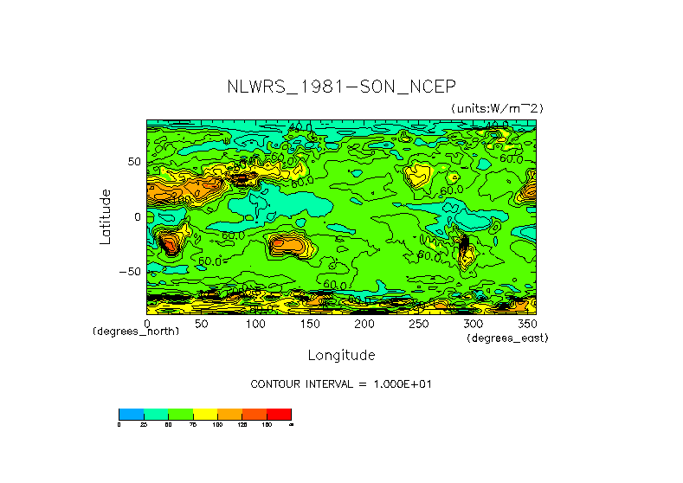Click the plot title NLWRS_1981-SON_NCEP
[x=341, y=87]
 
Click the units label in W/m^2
[x=497, y=108]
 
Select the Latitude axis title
[x=105, y=216]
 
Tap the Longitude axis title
[x=341, y=355]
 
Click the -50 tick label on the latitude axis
[x=129, y=272]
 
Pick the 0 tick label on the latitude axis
[x=137, y=217]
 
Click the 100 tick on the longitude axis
[x=255, y=324]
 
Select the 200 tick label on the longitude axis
[x=364, y=324]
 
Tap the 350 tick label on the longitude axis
[x=526, y=324]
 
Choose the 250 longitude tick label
[x=418, y=324]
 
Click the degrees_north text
[x=136, y=332]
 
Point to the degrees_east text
[x=507, y=338]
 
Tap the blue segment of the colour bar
[x=131, y=414]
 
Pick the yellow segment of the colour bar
[x=205, y=414]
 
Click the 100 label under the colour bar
[x=217, y=424]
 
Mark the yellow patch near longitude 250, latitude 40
[x=419, y=175]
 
